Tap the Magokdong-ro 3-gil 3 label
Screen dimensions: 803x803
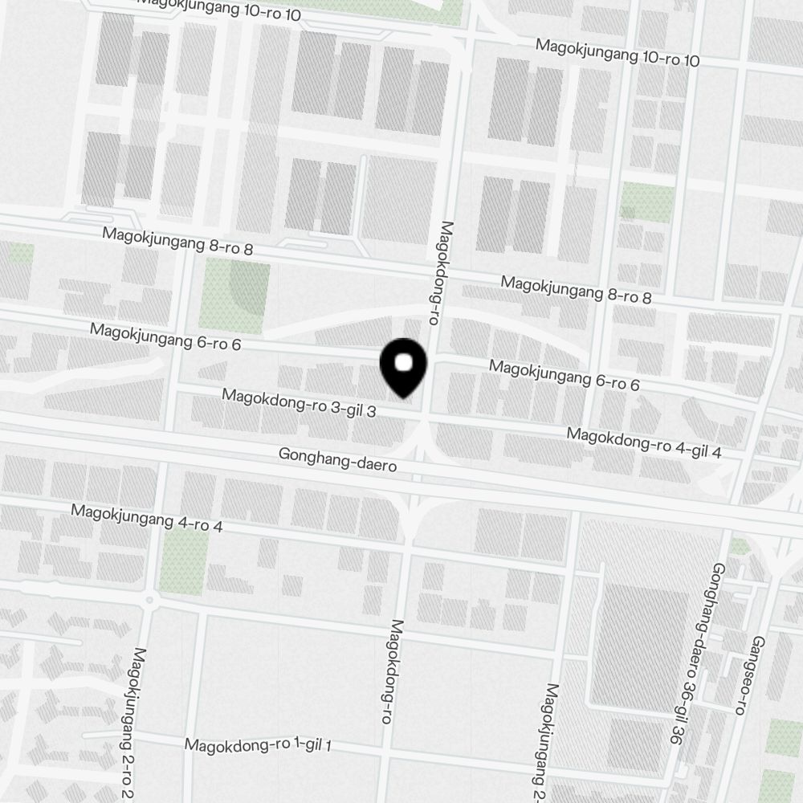(300, 403)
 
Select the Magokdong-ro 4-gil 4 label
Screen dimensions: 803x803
(644, 443)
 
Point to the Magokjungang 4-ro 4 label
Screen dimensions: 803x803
(147, 519)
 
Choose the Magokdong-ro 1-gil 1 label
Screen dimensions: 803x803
(259, 745)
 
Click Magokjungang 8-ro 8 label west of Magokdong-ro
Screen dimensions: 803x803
(178, 242)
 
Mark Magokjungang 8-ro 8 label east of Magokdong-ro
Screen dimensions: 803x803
(576, 289)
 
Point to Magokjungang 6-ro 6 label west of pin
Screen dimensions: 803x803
(165, 336)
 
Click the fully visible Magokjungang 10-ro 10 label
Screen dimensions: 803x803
(618, 53)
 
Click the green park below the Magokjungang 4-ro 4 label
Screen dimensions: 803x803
(183, 562)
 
